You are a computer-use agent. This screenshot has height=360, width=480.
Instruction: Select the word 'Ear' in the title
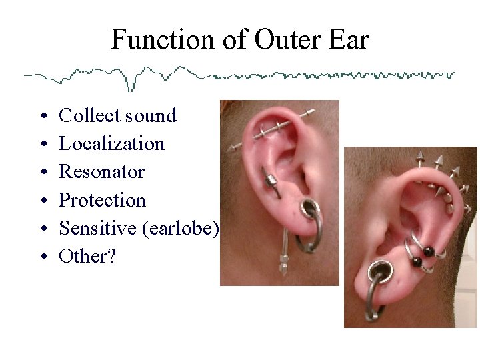pyautogui.click(x=348, y=40)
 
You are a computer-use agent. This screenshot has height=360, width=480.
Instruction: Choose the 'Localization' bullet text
pyautogui.click(x=111, y=143)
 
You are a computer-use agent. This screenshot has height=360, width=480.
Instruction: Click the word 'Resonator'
pyautogui.click(x=102, y=171)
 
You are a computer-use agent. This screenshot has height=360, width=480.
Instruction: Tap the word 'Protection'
pyautogui.click(x=102, y=199)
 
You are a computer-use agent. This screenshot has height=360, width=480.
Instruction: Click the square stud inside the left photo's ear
pyautogui.click(x=271, y=180)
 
